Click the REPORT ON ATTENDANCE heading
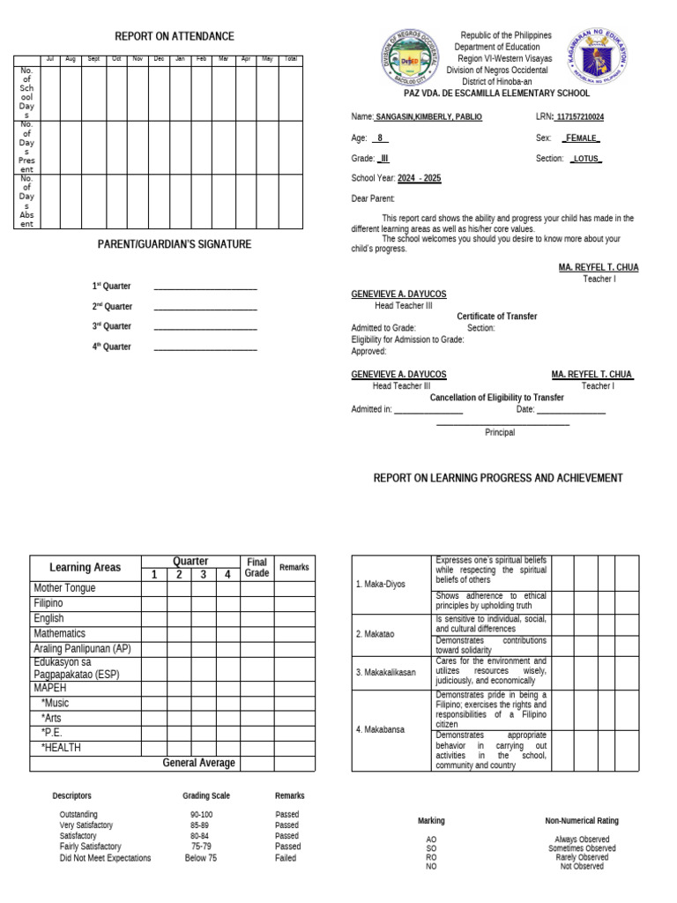click(175, 36)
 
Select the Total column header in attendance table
click(291, 59)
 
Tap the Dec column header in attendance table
click(159, 59)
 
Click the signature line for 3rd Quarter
click(205, 327)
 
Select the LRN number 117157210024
click(592, 117)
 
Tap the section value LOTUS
click(585, 159)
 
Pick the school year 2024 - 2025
click(419, 178)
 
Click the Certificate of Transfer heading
click(496, 317)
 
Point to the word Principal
click(500, 432)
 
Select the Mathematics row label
click(60, 633)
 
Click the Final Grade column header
click(257, 567)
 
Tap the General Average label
click(198, 763)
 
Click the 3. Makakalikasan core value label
click(386, 672)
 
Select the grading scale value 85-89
click(200, 825)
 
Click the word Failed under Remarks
click(286, 857)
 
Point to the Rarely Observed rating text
click(581, 857)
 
